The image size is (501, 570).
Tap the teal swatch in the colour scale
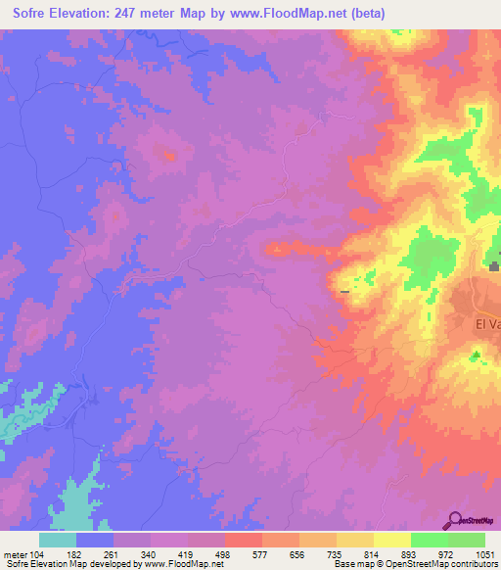58,541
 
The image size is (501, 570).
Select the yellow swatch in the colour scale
391,541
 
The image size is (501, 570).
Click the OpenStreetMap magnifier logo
454,518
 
